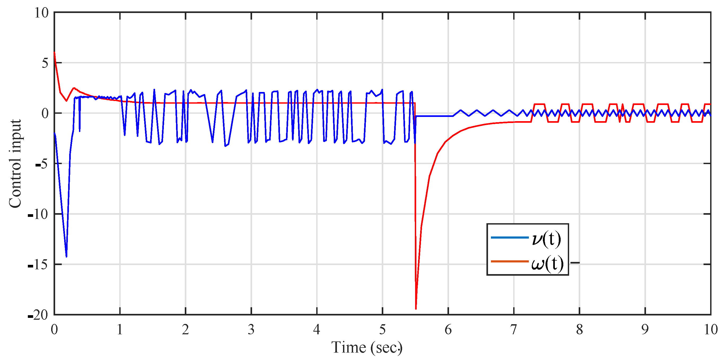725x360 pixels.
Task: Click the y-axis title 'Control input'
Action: [x=15, y=164]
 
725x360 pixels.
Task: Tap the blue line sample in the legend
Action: [x=509, y=238]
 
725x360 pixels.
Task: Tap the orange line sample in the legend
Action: [x=509, y=261]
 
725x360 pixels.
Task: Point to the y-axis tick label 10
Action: [x=41, y=13]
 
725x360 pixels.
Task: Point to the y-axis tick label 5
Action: [x=45, y=63]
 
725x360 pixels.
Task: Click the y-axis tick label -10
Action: [x=38, y=214]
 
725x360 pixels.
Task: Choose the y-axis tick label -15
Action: [x=38, y=265]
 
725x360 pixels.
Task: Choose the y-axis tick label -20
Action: [x=38, y=315]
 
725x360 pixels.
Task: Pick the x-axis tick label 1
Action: [x=120, y=329]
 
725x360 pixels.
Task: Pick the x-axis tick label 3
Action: [x=251, y=329]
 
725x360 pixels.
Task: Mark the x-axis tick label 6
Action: [x=448, y=329]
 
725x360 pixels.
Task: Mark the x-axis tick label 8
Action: [x=579, y=329]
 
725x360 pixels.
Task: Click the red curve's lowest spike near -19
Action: [x=416, y=309]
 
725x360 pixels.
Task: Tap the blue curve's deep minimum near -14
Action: [x=67, y=256]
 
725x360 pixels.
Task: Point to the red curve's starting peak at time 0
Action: [x=54, y=52]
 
